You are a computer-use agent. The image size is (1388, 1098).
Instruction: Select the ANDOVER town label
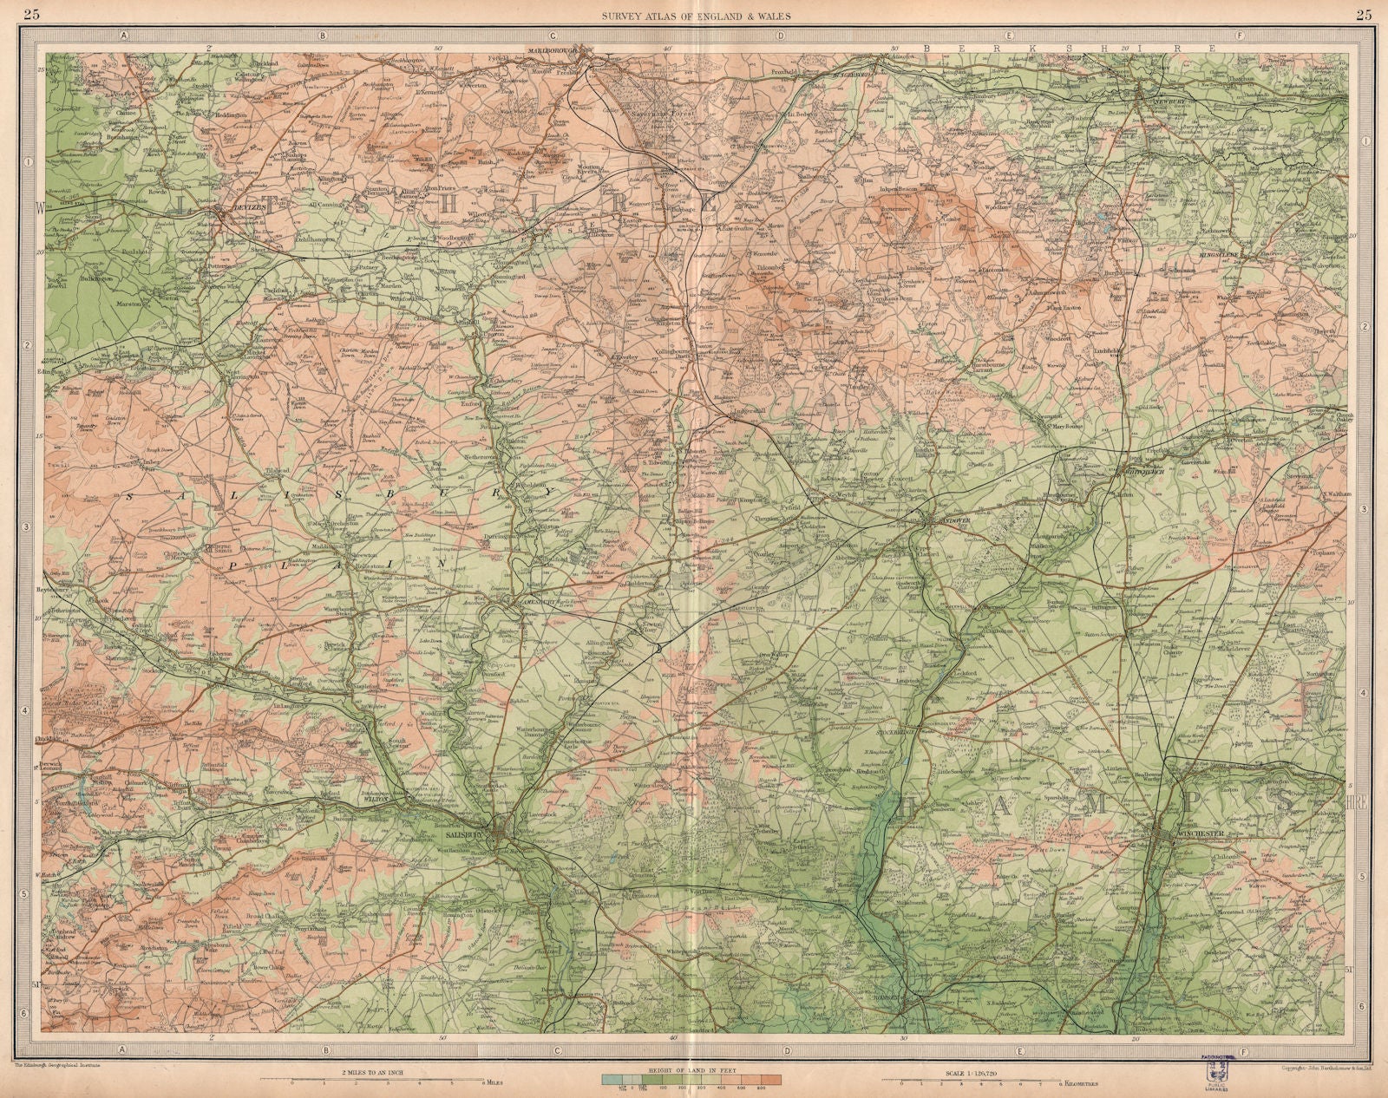[953, 523]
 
